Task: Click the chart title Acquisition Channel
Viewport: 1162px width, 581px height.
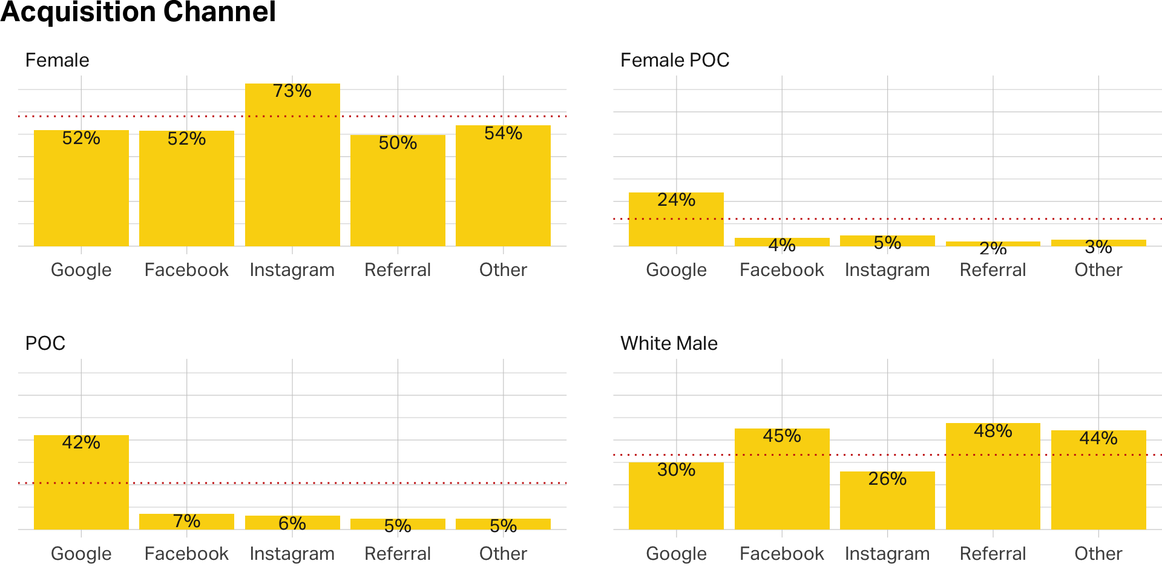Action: (138, 12)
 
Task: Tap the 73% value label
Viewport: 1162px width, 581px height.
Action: (292, 91)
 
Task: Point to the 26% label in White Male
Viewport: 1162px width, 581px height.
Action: (887, 479)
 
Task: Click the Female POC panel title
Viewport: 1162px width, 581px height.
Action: (675, 61)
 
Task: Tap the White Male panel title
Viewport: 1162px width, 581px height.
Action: (669, 344)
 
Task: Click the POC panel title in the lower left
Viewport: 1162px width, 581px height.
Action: (45, 344)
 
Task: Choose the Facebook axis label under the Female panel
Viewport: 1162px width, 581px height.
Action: (186, 270)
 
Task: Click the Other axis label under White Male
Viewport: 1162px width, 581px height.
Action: (1098, 554)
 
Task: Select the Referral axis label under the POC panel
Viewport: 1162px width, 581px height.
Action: (398, 554)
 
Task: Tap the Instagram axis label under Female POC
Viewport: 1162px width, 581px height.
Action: (887, 270)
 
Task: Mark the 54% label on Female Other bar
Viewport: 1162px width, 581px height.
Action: (503, 134)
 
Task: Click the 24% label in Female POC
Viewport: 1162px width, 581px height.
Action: (676, 200)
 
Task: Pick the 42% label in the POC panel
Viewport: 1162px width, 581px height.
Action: (81, 443)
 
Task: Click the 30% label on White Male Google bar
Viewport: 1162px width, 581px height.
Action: (676, 470)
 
